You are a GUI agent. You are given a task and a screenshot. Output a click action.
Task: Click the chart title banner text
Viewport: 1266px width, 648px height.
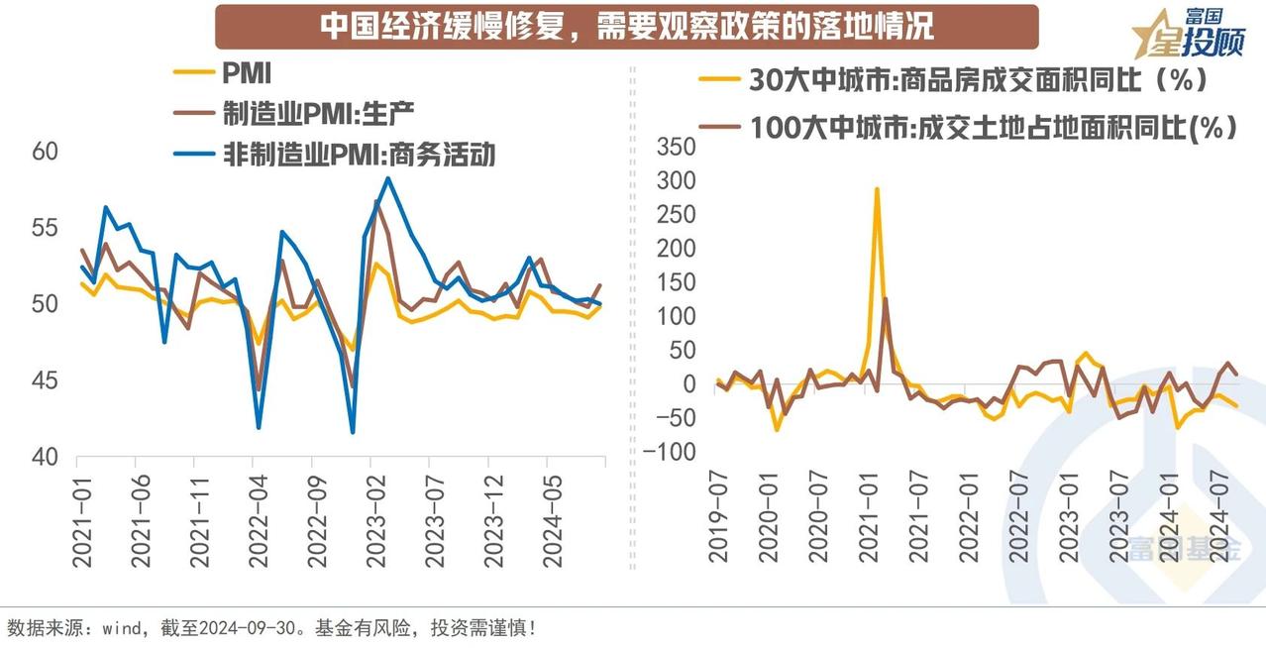(626, 27)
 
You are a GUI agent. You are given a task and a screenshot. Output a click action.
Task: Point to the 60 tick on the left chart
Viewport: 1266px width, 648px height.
(46, 153)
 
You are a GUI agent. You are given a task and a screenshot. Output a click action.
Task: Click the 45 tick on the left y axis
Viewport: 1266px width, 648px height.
(46, 381)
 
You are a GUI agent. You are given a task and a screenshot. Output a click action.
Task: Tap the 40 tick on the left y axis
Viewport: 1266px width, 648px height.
(46, 458)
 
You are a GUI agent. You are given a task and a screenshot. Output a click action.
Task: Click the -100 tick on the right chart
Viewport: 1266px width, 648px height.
(670, 453)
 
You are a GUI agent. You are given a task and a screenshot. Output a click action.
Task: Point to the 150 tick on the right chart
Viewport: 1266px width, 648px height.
(677, 282)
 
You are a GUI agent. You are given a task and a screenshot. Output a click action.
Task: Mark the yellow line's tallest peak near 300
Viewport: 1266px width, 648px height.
(877, 188)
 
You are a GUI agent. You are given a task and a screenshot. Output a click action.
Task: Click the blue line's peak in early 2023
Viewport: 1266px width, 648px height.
(388, 178)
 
